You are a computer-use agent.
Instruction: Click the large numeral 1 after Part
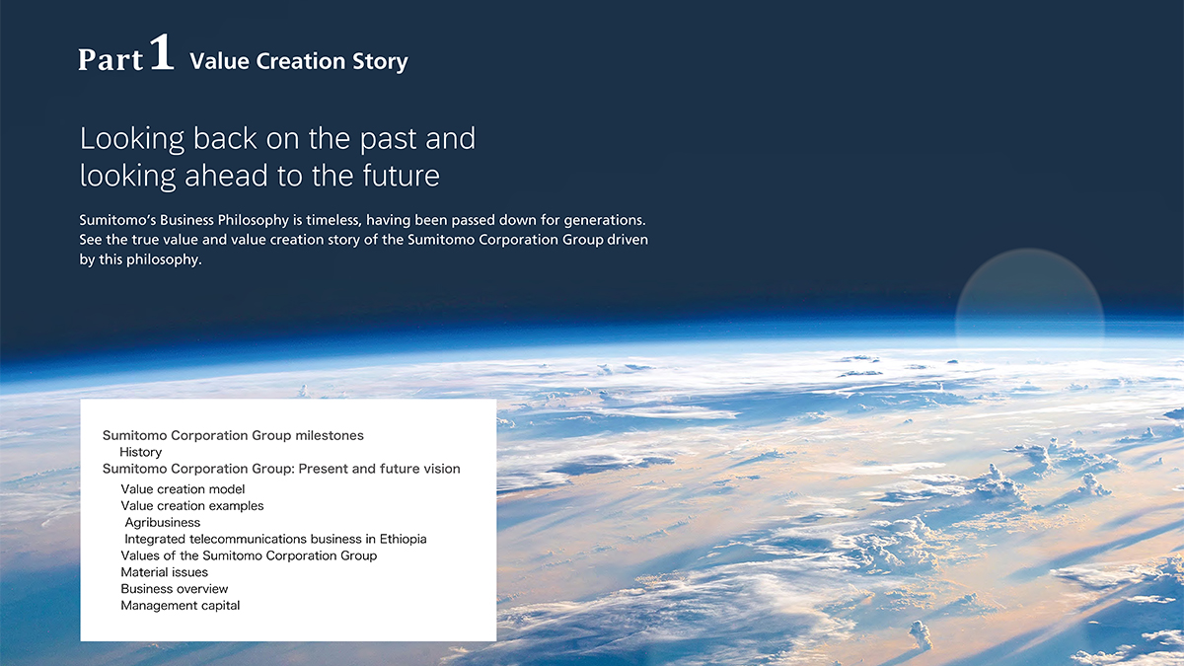[x=162, y=51]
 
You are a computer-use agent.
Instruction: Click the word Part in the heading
[x=111, y=59]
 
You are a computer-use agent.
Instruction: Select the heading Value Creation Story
[x=299, y=61]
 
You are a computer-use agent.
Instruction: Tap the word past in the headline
[x=389, y=139]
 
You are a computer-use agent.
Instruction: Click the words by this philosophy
[x=140, y=259]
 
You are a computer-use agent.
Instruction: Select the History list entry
[x=140, y=452]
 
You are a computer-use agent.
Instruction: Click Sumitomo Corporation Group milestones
[x=233, y=435]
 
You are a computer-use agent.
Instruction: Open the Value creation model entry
[x=183, y=489]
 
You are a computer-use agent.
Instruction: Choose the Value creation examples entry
[x=191, y=506]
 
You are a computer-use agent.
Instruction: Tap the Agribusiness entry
[x=163, y=523]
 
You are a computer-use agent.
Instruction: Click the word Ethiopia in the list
[x=403, y=539]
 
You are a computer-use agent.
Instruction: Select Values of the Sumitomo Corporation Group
[x=249, y=555]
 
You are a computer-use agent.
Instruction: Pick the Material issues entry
[x=165, y=572]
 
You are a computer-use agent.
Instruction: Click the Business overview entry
[x=175, y=589]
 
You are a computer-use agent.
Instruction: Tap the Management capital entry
[x=181, y=606]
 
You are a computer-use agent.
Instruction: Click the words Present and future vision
[x=380, y=469]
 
